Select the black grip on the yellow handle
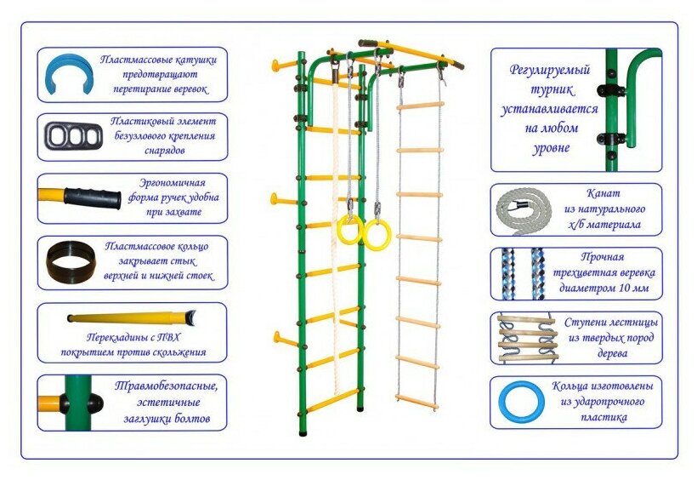pos(93,197)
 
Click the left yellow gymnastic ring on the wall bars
pos(348,230)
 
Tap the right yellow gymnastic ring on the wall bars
pos(377,233)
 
